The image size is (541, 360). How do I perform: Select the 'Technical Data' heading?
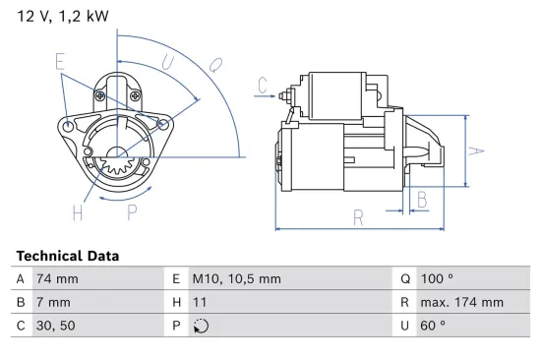(68, 256)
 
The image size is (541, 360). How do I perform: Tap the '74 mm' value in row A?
(57, 278)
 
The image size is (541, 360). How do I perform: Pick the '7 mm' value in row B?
(53, 303)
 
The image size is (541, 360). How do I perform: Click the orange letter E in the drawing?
(61, 61)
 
